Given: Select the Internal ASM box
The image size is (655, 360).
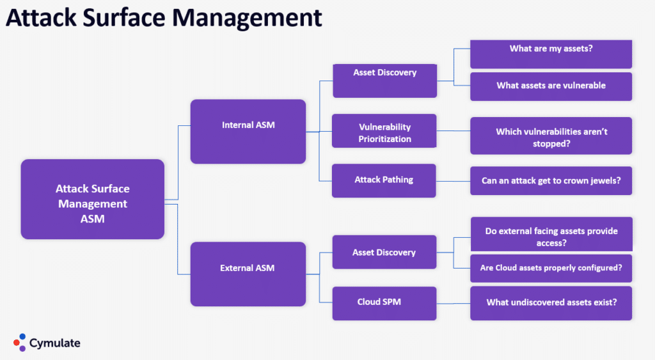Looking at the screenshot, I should tap(248, 131).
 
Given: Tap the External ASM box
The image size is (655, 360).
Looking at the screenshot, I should tap(248, 274).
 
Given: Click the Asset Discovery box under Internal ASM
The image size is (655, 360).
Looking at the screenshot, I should tap(384, 80).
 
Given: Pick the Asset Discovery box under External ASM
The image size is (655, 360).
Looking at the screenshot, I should tap(384, 252).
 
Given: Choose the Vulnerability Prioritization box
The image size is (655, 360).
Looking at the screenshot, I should tap(384, 133).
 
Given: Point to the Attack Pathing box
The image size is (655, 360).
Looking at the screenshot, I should tap(384, 180).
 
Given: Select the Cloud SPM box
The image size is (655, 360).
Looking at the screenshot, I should tap(384, 303).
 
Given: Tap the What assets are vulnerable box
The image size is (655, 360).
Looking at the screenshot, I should tap(551, 86).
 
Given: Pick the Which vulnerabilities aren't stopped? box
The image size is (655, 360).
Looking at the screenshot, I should tap(551, 136).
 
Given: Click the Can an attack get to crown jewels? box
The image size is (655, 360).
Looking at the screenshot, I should tap(551, 181).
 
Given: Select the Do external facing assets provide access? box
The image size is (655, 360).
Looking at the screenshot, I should tap(551, 235).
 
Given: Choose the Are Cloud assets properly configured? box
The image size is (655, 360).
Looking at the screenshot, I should tap(551, 269).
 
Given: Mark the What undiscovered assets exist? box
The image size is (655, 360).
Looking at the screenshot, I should tap(551, 303).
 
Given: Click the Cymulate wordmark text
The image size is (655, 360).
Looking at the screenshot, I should tap(55, 343).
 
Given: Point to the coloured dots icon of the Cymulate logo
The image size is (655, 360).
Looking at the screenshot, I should tap(20, 342).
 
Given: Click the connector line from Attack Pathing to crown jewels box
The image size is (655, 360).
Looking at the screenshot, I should tap(453, 181).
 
